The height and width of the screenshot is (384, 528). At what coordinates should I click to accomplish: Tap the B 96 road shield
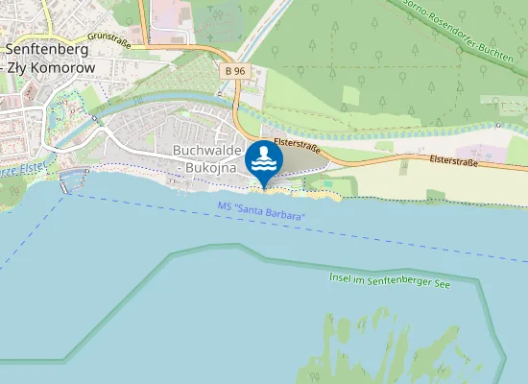tap(235, 70)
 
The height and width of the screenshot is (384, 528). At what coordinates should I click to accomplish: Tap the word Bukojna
tap(210, 167)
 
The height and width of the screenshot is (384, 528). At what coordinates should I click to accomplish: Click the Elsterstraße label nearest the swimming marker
tap(297, 145)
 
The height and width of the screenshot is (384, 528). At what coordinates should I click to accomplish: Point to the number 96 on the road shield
tap(239, 70)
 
